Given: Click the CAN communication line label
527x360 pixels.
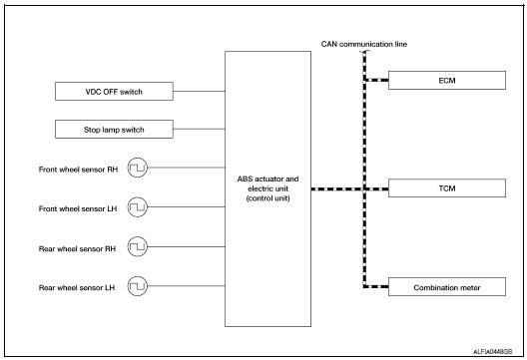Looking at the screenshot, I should pos(365,44).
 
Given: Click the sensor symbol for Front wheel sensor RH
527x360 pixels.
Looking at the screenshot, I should pos(139,169).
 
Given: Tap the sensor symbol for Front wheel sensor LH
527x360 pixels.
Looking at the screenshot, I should pos(139,207).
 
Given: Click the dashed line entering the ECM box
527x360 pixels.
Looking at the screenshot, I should pos(376,80).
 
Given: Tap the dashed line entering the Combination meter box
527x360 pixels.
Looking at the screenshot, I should pos(376,287).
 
